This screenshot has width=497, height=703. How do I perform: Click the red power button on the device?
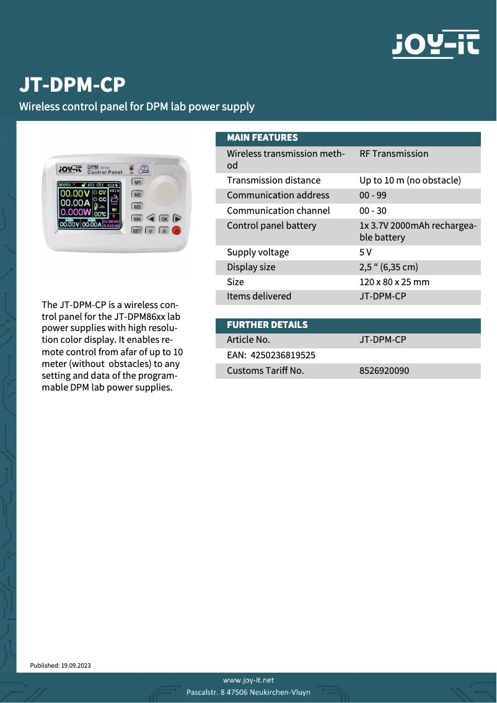[x=177, y=231]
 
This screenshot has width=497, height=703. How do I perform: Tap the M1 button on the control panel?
[x=138, y=183]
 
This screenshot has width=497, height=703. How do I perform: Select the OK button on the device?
[x=164, y=219]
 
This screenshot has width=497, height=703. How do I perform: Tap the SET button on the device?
[x=137, y=231]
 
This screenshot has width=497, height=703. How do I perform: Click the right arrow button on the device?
[x=177, y=219]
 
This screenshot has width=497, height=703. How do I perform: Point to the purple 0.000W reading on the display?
[x=74, y=211]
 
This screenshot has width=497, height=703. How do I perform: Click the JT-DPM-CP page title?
[x=73, y=85]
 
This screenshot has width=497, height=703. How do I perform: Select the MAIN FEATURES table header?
[x=262, y=138]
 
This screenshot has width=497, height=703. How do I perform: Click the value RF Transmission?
[x=394, y=154]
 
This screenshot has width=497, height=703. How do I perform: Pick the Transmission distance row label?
[x=273, y=180]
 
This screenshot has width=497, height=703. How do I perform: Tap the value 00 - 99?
[x=373, y=195]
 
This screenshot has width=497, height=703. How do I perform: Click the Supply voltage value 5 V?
[x=366, y=252]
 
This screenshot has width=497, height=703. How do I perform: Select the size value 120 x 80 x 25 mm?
[x=394, y=282]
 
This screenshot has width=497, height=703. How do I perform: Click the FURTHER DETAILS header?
[x=267, y=325]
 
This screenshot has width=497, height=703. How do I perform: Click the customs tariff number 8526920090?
[x=384, y=371]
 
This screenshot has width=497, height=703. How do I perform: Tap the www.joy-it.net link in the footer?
[x=248, y=680]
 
